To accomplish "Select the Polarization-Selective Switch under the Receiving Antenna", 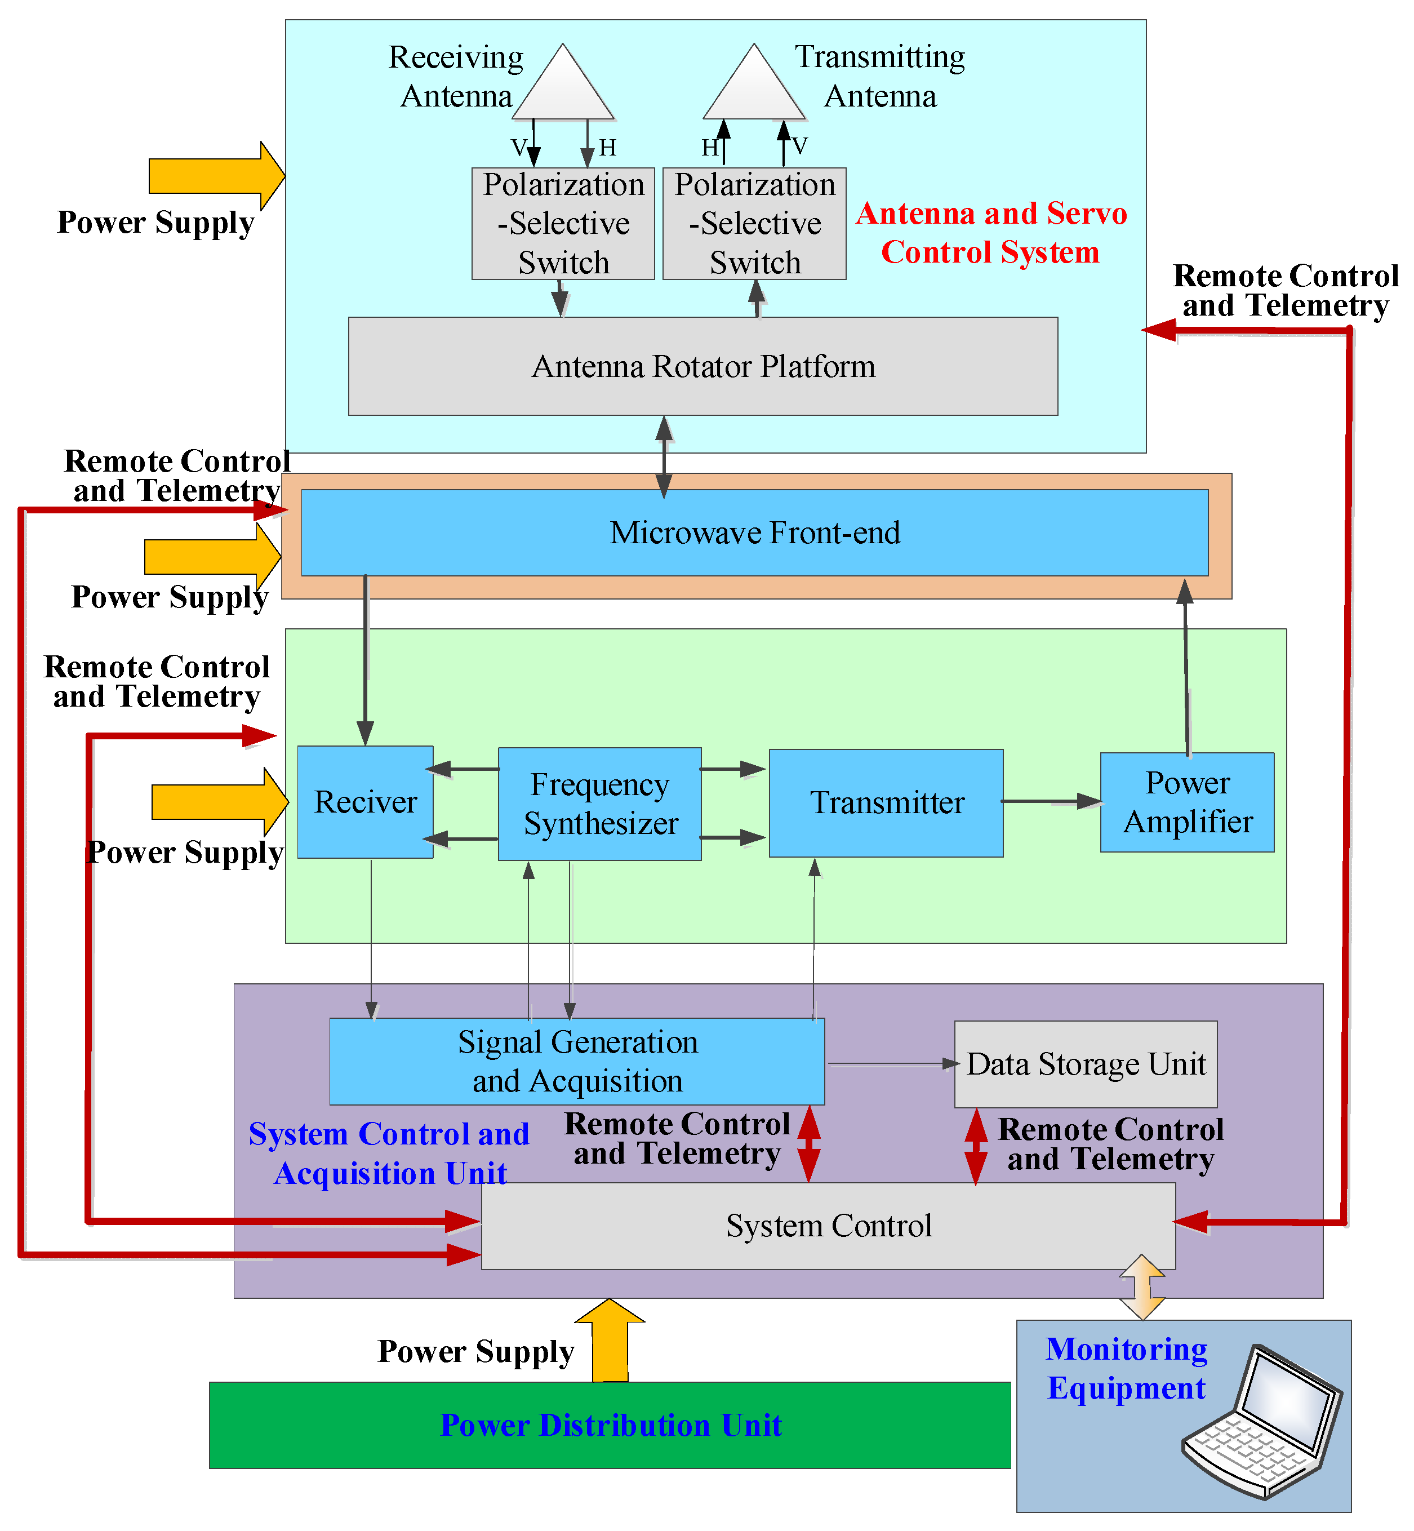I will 563,224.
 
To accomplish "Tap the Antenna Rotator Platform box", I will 703,367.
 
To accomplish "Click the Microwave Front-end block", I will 754,533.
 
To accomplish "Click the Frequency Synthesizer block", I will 600,804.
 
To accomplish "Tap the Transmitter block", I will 886,803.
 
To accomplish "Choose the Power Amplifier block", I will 1187,802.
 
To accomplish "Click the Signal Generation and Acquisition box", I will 577,1061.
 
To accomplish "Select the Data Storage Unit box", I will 1086,1064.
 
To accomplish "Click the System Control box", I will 828,1226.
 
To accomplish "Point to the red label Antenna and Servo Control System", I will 991,233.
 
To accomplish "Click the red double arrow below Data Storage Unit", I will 976,1147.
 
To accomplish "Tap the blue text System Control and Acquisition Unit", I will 389,1153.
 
